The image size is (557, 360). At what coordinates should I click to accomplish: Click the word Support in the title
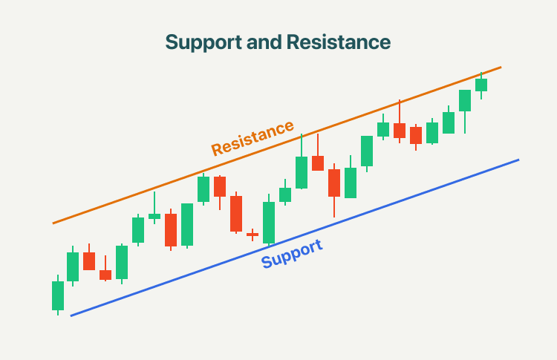[x=203, y=43]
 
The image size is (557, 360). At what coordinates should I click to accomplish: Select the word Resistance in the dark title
[x=339, y=42]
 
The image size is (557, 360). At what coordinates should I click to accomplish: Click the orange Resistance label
[x=253, y=138]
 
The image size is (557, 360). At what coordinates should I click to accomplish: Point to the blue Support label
[x=292, y=254]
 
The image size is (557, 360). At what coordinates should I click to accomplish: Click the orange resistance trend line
[x=277, y=145]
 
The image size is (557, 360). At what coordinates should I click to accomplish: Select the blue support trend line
[x=295, y=238]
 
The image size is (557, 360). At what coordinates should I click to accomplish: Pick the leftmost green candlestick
[x=58, y=295]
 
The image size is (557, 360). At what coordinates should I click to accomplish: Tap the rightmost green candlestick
[x=481, y=85]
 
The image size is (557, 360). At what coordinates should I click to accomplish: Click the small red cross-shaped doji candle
[x=253, y=235]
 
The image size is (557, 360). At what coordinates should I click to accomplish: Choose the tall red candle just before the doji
[x=236, y=213]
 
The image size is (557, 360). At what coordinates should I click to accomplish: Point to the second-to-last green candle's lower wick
[x=465, y=122]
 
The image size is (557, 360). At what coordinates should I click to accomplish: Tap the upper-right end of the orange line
[x=501, y=67]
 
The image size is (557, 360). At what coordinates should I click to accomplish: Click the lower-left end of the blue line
[x=71, y=315]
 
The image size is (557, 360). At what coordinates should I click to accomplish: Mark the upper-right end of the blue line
[x=518, y=160]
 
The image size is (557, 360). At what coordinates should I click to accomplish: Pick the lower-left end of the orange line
[x=53, y=223]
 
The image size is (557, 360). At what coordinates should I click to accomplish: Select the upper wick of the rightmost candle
[x=481, y=75]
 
